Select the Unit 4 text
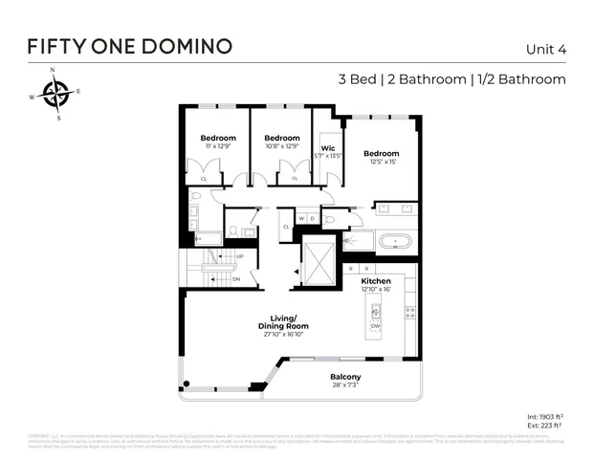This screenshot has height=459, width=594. click(545, 49)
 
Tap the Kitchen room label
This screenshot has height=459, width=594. click(375, 281)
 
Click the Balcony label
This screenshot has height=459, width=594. click(345, 377)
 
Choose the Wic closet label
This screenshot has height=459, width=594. click(328, 148)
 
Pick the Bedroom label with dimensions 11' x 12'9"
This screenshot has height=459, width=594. click(217, 139)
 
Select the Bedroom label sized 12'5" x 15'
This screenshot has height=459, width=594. click(381, 153)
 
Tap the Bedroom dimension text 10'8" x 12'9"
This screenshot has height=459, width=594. click(281, 146)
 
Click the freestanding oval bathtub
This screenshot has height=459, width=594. click(395, 241)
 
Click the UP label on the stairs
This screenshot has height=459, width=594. click(238, 256)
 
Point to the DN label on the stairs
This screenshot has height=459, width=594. click(236, 279)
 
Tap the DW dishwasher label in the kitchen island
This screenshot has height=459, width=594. click(375, 326)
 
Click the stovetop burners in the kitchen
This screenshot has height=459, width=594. click(410, 312)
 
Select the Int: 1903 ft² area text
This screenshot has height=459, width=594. click(545, 418)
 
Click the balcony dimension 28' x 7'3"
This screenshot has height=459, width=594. click(345, 386)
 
